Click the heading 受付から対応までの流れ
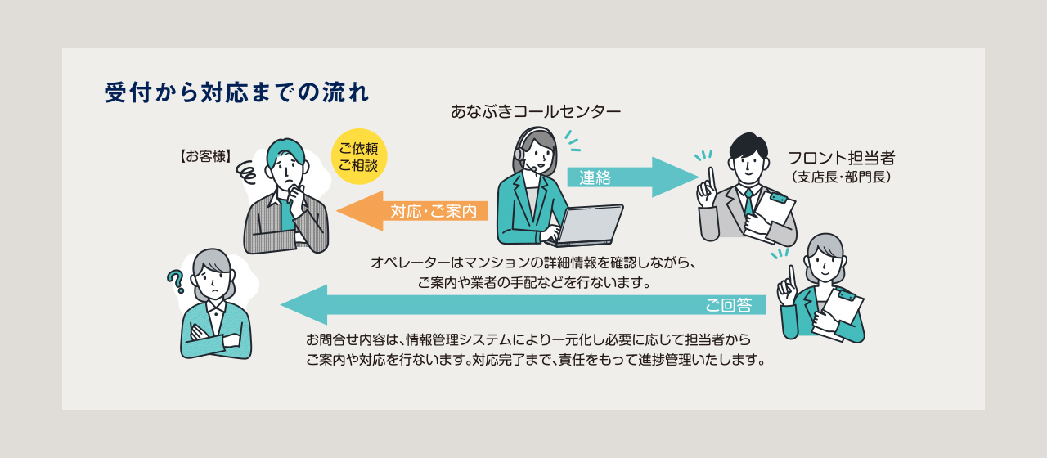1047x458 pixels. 237,92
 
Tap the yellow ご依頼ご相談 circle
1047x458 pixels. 358,158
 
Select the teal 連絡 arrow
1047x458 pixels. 630,177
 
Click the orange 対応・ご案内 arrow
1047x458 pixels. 413,211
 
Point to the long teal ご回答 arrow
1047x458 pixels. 523,305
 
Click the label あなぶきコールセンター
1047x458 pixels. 536,110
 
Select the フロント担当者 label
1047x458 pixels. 841,158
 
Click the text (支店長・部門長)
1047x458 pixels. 841,177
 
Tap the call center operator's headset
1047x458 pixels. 520,147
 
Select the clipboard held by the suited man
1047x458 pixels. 772,211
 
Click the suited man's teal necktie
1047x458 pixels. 748,201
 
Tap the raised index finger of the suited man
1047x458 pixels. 712,176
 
